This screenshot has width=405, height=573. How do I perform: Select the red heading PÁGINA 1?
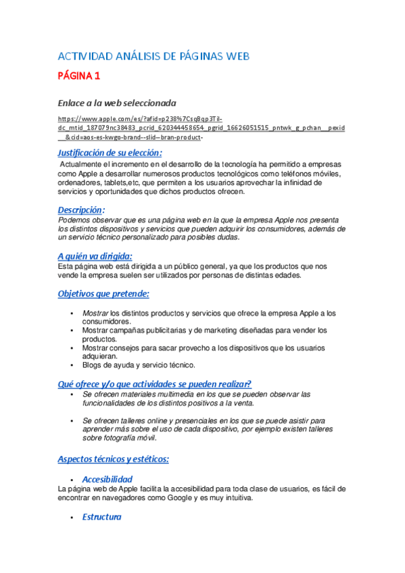coord(78,76)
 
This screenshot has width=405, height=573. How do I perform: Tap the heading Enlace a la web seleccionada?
coord(116,103)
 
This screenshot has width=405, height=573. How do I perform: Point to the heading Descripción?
coord(80,209)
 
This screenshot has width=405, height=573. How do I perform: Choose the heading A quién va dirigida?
coord(95,255)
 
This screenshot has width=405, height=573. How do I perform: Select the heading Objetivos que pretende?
coord(103,294)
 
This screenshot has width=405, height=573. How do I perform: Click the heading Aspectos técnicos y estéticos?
coord(113,459)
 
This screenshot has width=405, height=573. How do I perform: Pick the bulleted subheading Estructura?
coord(101,517)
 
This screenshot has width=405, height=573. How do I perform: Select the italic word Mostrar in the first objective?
coord(95,314)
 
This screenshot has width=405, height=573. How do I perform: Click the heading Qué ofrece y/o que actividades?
coord(154,383)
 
